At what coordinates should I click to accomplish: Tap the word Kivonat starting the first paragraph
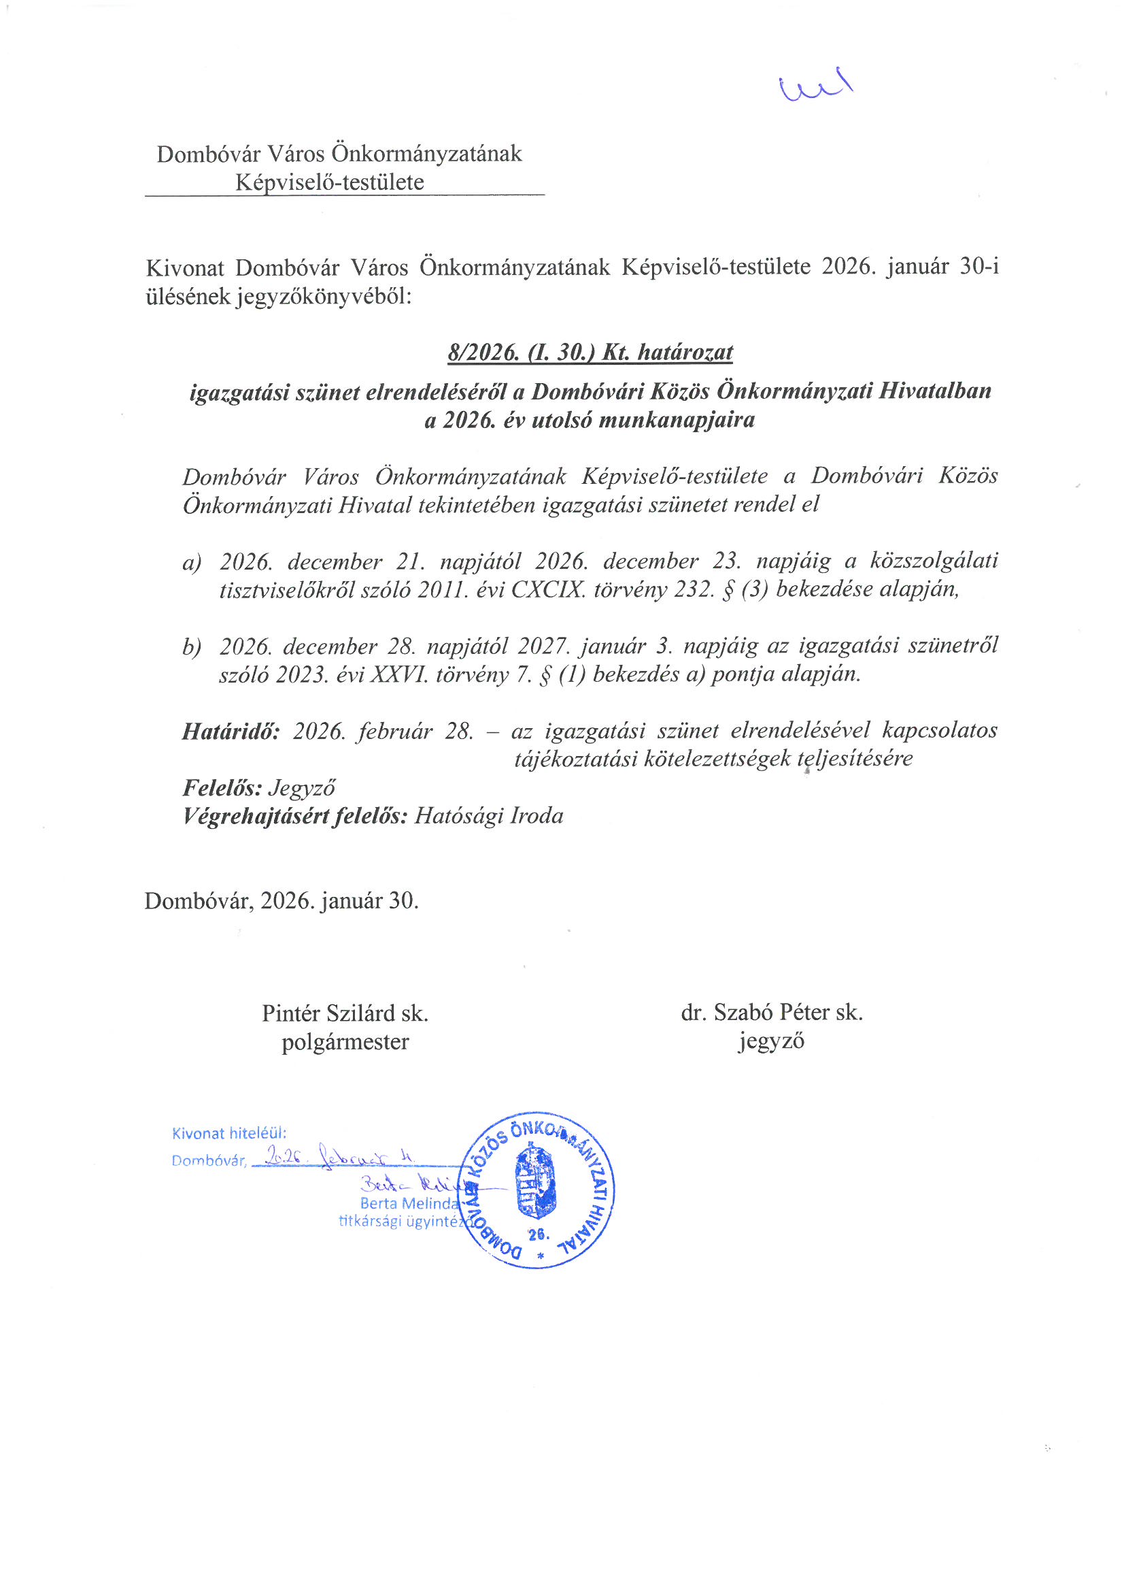[x=185, y=267]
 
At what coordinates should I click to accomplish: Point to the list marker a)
[x=191, y=562]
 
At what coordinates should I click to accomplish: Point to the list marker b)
[x=191, y=646]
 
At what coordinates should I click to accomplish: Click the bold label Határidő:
[x=231, y=731]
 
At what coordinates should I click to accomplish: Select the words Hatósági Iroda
[x=489, y=817]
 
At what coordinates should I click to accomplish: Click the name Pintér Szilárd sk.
[x=345, y=1014]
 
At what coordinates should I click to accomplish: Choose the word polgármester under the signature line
[x=345, y=1043]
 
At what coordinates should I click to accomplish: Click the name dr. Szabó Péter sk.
[x=772, y=1013]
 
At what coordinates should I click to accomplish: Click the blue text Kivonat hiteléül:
[x=228, y=1134]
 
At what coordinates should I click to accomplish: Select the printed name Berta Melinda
[x=409, y=1204]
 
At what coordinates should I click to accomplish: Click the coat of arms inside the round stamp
[x=537, y=1179]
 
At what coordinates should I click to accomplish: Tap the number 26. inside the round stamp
[x=537, y=1234]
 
